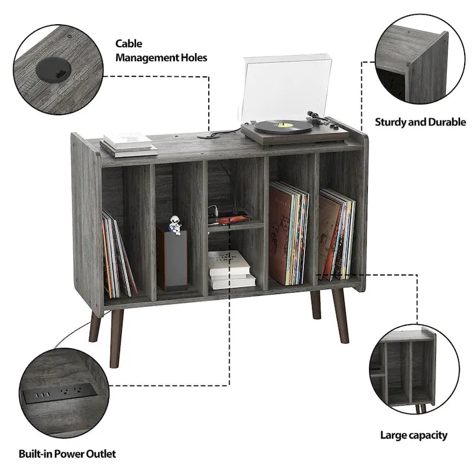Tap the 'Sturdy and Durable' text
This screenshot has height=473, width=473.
pos(420,122)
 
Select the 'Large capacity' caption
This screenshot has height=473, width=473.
pos(413,435)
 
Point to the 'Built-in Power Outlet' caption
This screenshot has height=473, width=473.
pos(67,453)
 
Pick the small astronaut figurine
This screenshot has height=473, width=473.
pos(174,225)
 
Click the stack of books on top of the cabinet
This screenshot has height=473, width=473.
pos(128,144)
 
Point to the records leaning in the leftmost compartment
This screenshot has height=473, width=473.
pos(118,255)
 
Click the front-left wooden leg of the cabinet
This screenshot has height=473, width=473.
pos(116,337)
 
